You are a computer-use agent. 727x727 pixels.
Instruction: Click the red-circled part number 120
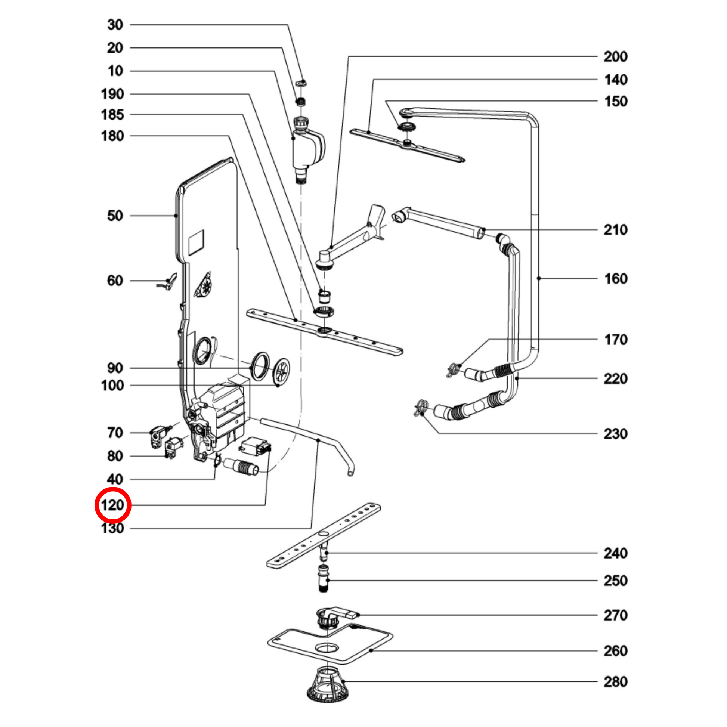click(112, 505)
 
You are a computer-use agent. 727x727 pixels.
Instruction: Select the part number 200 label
click(616, 57)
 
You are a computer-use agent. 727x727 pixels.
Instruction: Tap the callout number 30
click(115, 25)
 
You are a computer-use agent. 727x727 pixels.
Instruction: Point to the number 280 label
click(616, 681)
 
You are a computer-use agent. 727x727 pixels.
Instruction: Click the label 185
click(112, 115)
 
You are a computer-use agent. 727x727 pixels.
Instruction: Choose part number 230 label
click(616, 434)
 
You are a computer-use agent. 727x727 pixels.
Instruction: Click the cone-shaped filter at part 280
click(327, 683)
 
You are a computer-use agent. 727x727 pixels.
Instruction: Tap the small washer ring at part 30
click(301, 83)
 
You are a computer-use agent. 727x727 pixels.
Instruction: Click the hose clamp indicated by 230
click(421, 409)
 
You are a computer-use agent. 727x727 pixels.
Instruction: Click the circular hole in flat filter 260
click(328, 648)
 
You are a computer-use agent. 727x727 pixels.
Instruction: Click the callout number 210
click(616, 230)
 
